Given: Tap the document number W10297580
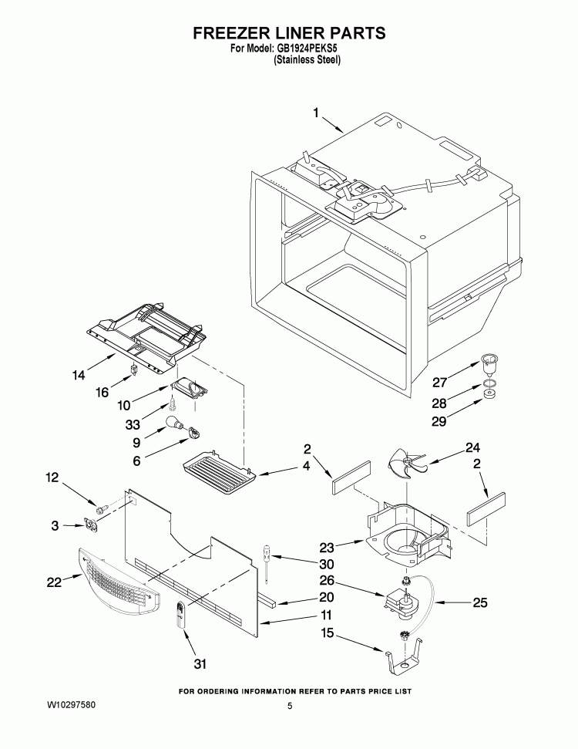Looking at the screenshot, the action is [x=72, y=704].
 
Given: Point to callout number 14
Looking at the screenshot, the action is [x=79, y=376].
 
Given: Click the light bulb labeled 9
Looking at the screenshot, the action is [x=173, y=422].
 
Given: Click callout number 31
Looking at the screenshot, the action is [x=200, y=663].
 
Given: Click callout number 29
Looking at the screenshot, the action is [x=439, y=421].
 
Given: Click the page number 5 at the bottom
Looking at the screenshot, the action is [x=289, y=706].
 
